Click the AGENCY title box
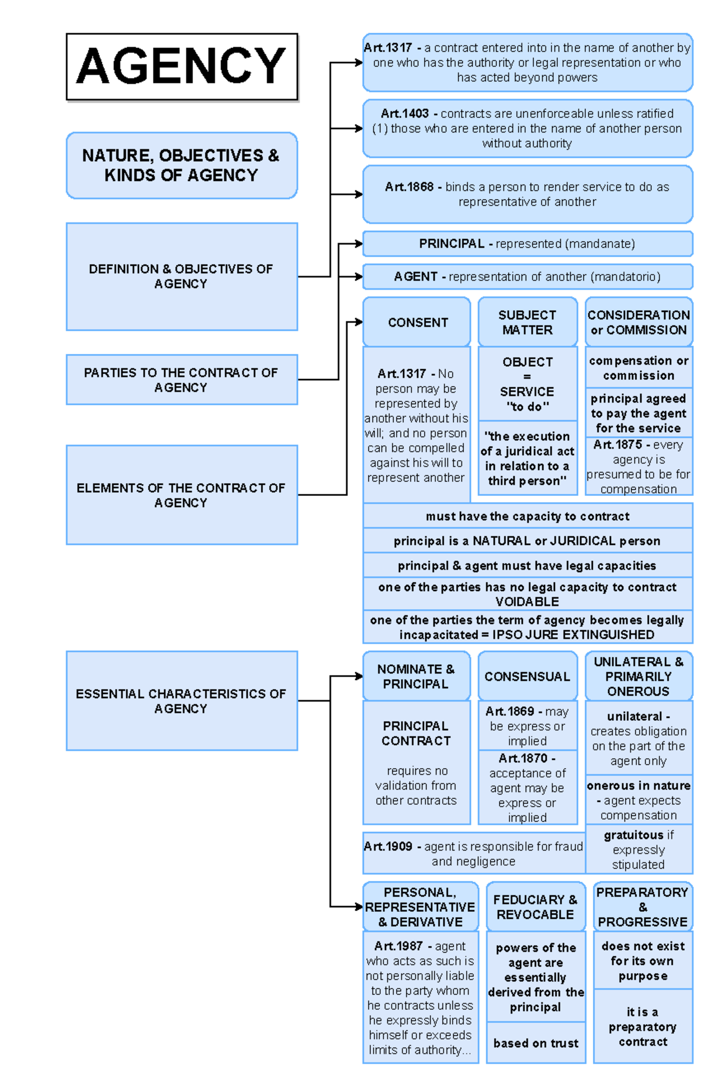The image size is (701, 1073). coord(182,67)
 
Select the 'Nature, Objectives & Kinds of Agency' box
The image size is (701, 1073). coord(182,165)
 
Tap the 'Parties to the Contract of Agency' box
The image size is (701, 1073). coord(182,380)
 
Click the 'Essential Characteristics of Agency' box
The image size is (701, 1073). coord(182,700)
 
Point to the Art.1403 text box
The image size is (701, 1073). coord(527,129)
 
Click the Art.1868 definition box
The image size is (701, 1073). coord(527,194)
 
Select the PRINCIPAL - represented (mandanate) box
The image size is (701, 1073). coord(527,244)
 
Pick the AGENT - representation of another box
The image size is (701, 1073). coord(527,276)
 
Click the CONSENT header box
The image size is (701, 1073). coord(417,322)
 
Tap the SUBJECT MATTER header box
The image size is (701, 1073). coord(527,322)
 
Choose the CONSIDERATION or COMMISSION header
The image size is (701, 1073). coord(638,322)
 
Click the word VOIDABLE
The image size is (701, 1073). coord(527,602)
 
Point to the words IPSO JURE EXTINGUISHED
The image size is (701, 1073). coord(573,635)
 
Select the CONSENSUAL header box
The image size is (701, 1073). coord(527,676)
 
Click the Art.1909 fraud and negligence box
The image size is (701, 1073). coord(473,853)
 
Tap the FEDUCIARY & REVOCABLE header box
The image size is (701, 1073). coord(535,907)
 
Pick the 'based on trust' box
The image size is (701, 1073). coord(535,1043)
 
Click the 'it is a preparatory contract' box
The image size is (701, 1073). coord(643,1027)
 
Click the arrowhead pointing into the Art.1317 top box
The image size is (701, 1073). coord(359,62)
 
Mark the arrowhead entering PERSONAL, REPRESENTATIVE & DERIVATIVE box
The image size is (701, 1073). coord(359,907)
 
